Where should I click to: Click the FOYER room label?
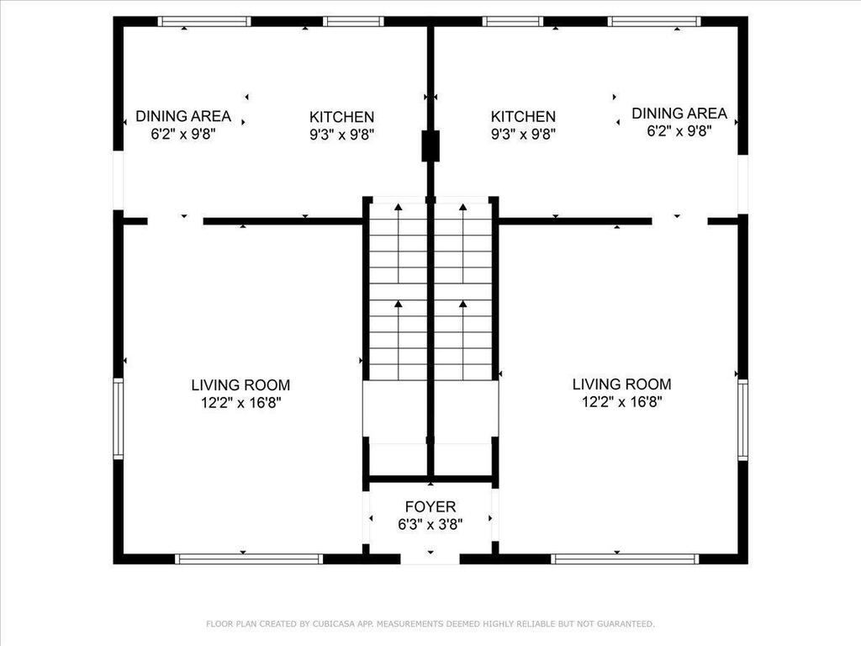click(430, 506)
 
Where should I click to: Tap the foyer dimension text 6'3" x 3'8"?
click(430, 525)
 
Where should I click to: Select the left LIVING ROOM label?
click(240, 385)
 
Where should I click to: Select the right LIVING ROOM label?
click(621, 384)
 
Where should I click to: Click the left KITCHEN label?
click(341, 117)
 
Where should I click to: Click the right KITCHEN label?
click(523, 116)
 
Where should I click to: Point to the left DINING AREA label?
click(182, 116)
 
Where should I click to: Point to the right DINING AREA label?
click(679, 114)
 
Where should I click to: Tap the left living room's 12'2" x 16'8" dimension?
click(240, 403)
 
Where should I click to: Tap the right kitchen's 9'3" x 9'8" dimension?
click(523, 134)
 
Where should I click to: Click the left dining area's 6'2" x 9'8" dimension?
click(182, 134)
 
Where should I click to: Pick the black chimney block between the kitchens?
click(430, 146)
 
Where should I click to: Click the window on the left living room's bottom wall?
click(249, 559)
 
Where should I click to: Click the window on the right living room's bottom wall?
click(625, 559)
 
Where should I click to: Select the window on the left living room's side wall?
click(118, 419)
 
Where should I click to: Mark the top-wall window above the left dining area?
click(204, 21)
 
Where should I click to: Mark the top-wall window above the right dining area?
click(654, 21)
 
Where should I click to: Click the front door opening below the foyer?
click(430, 559)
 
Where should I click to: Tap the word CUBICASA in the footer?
click(331, 624)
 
